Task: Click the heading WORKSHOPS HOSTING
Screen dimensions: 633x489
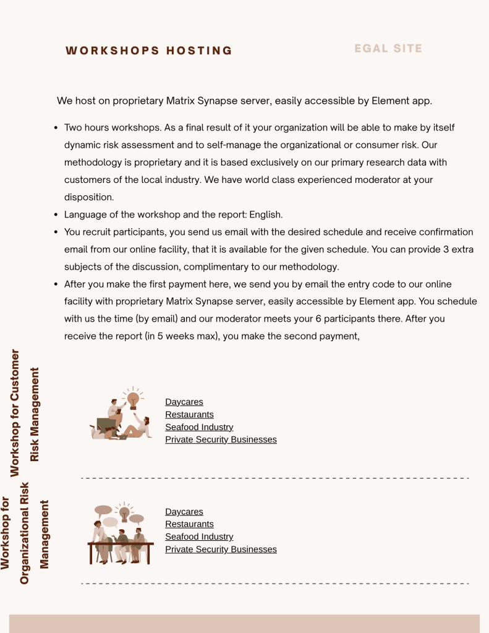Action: [x=149, y=51]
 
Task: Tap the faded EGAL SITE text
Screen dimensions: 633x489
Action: [x=388, y=48]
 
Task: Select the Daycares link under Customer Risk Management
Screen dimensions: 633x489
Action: [x=184, y=402]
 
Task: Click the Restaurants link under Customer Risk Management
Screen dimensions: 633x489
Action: [x=189, y=414]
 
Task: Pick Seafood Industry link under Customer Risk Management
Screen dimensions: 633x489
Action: [x=199, y=427]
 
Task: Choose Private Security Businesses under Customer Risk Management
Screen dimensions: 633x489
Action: [x=221, y=440]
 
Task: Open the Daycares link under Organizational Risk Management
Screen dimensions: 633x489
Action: [x=184, y=512]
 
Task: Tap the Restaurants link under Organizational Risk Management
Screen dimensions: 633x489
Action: [x=189, y=524]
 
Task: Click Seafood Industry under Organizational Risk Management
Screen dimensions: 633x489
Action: [x=199, y=537]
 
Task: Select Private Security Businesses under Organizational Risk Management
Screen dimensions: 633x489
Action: [x=221, y=550]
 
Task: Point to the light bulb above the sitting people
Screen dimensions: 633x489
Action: [x=133, y=399]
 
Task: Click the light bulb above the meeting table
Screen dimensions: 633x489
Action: [x=124, y=512]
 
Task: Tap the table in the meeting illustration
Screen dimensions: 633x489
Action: [x=121, y=545]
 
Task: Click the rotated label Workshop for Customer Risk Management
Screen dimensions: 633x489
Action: [x=25, y=413]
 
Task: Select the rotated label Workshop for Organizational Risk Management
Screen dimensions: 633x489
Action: [x=25, y=533]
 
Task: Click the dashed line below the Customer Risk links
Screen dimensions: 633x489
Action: [x=275, y=478]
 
